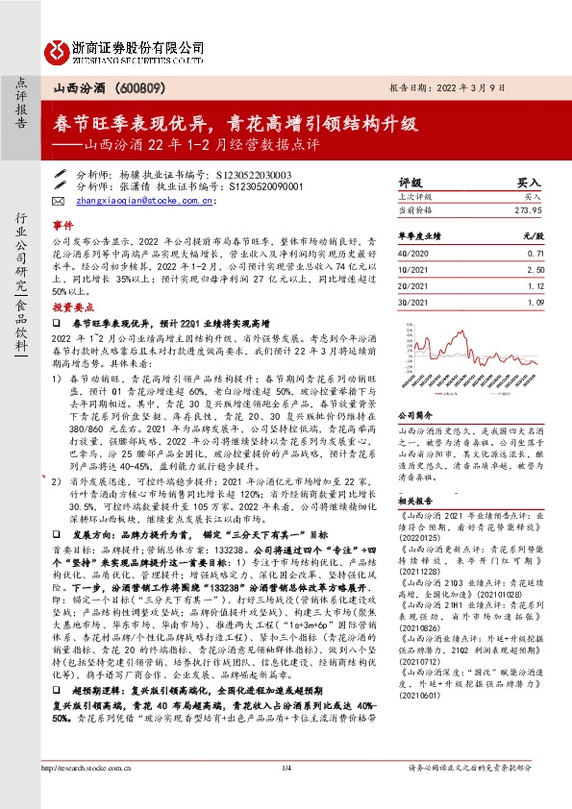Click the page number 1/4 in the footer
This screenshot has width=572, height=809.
[x=286, y=794]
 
